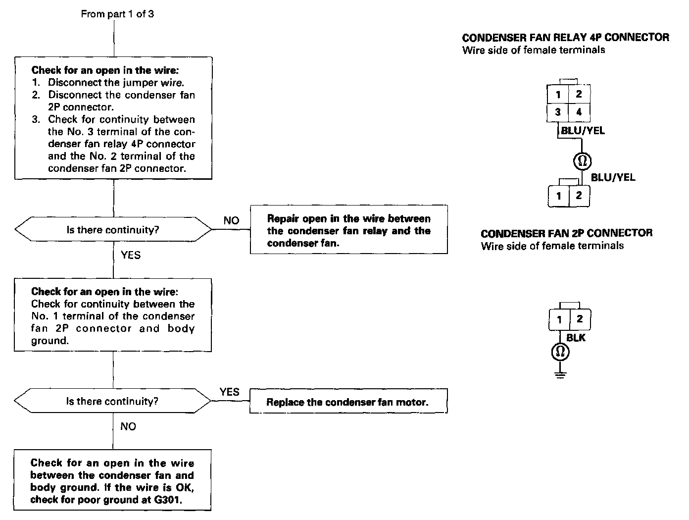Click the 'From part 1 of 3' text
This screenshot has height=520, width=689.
pyautogui.click(x=117, y=14)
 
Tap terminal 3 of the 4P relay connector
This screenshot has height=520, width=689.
pyautogui.click(x=558, y=112)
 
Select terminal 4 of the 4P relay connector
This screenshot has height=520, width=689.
pyautogui.click(x=579, y=112)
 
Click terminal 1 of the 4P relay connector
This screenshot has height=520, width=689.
pyautogui.click(x=558, y=95)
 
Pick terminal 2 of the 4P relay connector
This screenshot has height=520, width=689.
pyautogui.click(x=579, y=95)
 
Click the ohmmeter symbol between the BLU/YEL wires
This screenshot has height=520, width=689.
pyautogui.click(x=582, y=160)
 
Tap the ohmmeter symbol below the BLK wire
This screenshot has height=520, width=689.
pyautogui.click(x=560, y=352)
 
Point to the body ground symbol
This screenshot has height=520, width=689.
pyautogui.click(x=560, y=373)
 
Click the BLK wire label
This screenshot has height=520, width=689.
pyautogui.click(x=576, y=338)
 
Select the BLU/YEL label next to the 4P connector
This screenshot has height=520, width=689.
pyautogui.click(x=583, y=131)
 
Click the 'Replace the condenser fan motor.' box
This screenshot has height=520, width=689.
pyautogui.click(x=348, y=402)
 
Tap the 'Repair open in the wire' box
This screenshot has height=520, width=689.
pyautogui.click(x=348, y=230)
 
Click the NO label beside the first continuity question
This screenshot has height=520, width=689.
pyautogui.click(x=231, y=221)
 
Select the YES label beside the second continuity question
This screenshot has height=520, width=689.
pyautogui.click(x=230, y=392)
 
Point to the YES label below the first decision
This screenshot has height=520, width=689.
pyautogui.click(x=131, y=256)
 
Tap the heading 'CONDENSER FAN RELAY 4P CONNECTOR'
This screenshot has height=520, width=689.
pyautogui.click(x=565, y=38)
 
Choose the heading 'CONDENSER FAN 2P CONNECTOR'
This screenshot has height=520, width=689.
pyautogui.click(x=566, y=233)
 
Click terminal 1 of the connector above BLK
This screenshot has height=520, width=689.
pyautogui.click(x=559, y=320)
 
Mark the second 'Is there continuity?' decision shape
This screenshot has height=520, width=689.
pyautogui.click(x=113, y=401)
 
